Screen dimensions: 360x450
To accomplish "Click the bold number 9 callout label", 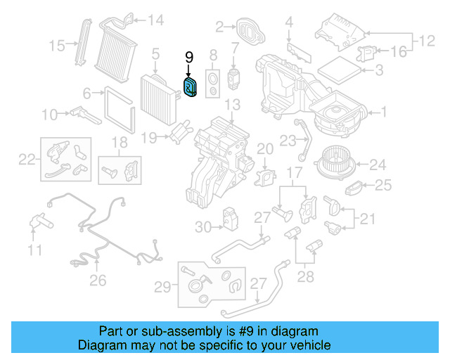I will click(188, 57).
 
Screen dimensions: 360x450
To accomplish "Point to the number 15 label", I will click(57, 46).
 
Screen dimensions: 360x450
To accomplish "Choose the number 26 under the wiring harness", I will click(98, 280).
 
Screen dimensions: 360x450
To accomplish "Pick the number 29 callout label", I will click(162, 286).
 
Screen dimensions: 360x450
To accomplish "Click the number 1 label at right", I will click(383, 111).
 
